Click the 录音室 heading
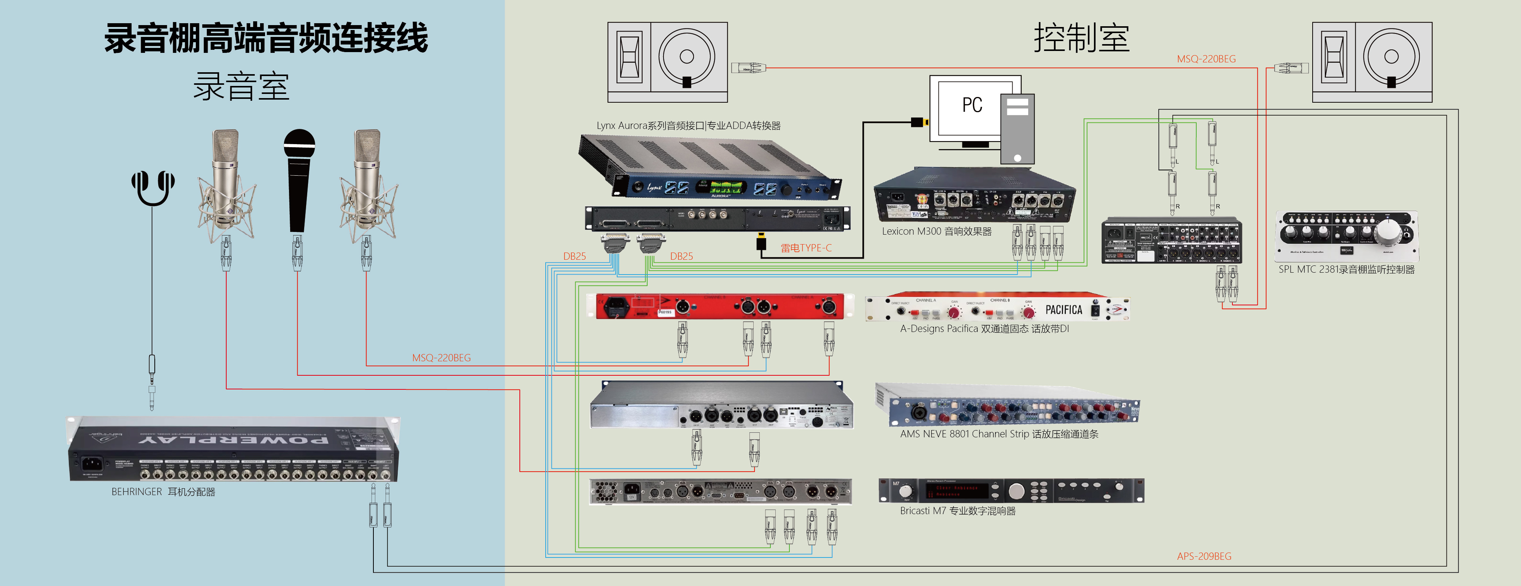click(x=241, y=87)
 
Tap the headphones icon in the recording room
click(x=153, y=188)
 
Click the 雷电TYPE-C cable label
click(x=806, y=248)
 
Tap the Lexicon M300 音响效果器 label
click(x=937, y=232)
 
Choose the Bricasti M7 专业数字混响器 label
click(x=958, y=511)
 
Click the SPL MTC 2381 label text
click(x=1346, y=269)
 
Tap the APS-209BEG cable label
click(x=1204, y=556)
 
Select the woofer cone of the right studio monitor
click(x=1391, y=57)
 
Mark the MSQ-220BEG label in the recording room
click(x=441, y=358)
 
